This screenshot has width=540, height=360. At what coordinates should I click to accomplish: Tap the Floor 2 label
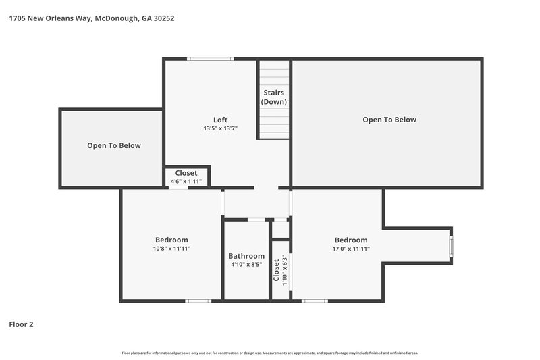tap(21, 324)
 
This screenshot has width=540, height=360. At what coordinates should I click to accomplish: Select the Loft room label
tap(220, 120)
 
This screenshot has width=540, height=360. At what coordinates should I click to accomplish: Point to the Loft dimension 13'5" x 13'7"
tap(220, 128)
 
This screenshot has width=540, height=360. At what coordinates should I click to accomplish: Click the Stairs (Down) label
tap(274, 97)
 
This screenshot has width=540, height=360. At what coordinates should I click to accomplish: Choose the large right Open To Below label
tap(389, 120)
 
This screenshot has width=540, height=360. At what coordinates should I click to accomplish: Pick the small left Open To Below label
tap(114, 145)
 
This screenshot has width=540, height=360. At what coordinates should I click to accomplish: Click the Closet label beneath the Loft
tap(186, 173)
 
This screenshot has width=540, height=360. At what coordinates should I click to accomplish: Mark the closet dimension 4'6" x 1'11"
tap(186, 181)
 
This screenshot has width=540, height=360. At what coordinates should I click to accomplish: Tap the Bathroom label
tap(246, 256)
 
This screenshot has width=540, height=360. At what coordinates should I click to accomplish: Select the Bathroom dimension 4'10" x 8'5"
tap(246, 265)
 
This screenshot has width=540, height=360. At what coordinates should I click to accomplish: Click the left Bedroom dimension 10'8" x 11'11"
tap(171, 249)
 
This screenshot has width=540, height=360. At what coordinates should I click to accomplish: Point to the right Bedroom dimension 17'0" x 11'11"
tap(351, 249)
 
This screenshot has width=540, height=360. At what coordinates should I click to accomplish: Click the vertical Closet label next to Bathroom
tap(277, 269)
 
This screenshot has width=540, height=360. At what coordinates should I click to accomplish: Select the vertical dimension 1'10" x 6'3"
tap(286, 269)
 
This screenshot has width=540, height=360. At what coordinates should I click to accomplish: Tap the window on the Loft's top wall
tap(211, 59)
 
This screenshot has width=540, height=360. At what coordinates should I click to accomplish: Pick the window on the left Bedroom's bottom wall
tap(198, 301)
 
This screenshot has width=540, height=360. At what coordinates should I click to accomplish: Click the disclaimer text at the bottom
tap(270, 353)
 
